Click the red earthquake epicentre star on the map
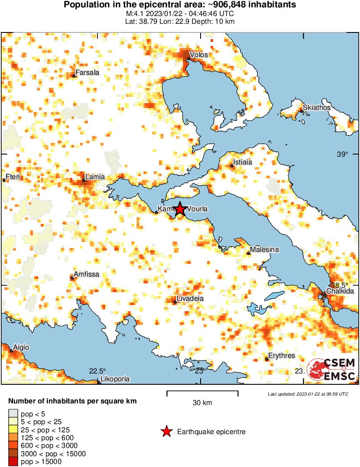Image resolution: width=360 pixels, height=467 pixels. click(180, 209)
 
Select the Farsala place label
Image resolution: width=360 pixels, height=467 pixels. click(87, 73)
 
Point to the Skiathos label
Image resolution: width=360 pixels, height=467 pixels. click(317, 107)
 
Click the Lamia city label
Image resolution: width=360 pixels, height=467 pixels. click(95, 177)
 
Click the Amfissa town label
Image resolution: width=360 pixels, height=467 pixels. click(87, 274)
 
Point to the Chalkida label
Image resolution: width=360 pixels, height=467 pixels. click(340, 291)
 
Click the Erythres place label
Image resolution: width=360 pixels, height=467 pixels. click(282, 356)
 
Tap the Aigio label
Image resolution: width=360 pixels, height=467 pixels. click(21, 348)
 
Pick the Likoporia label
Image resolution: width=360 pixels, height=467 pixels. click(115, 379)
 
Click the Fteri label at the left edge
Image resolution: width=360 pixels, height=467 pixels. click(13, 177)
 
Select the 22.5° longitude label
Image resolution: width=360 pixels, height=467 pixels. click(97, 371)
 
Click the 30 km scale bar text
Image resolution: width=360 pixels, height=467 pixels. click(202, 403)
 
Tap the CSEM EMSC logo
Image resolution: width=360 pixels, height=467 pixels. click(331, 370)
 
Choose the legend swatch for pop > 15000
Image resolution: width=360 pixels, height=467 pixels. click(13, 462)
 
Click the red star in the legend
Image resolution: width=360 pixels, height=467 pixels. click(166, 432)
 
